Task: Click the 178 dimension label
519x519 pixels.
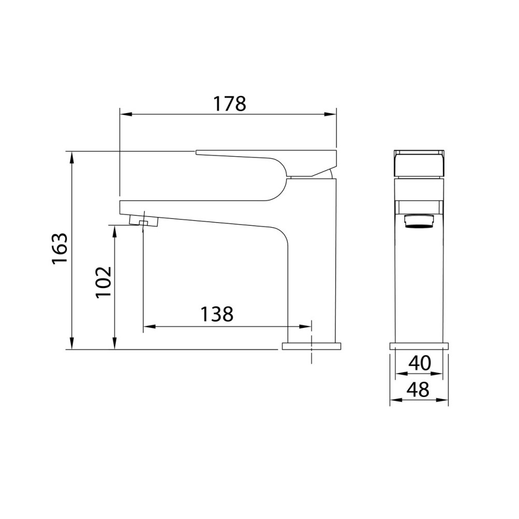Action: coord(229,104)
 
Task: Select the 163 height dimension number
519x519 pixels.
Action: coord(60,249)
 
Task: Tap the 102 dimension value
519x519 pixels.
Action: coord(103,282)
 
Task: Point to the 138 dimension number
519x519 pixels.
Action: coord(217,314)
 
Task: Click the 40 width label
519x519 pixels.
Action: coord(419,363)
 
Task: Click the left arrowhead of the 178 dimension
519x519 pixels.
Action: coord(126,115)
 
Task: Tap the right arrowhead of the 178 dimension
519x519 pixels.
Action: coord(330,115)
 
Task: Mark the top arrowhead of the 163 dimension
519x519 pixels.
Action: coord(72,158)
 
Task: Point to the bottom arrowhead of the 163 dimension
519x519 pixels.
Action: coord(72,343)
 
